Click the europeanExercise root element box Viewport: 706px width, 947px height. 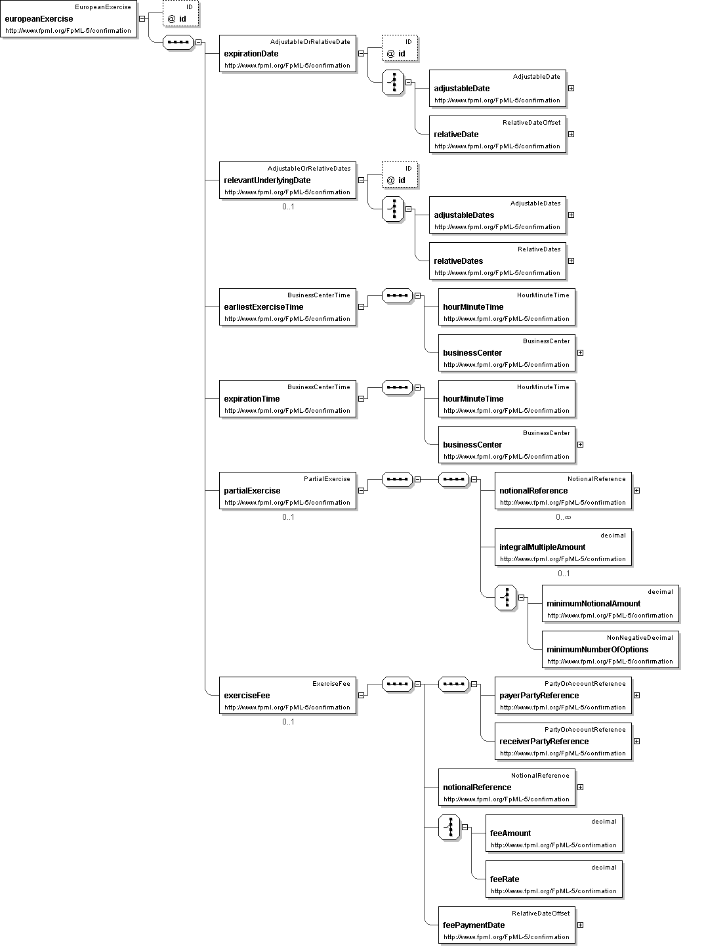(x=69, y=18)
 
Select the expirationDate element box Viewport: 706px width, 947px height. (x=287, y=54)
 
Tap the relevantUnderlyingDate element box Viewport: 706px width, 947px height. (x=287, y=180)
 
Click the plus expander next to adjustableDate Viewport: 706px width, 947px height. (x=571, y=88)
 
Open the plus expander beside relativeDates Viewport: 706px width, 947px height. (x=571, y=261)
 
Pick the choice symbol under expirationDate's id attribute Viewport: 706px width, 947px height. (x=393, y=82)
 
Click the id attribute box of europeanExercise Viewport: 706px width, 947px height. (x=180, y=13)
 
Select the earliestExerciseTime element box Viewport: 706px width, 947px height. (x=287, y=306)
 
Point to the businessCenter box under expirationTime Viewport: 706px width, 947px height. (x=507, y=444)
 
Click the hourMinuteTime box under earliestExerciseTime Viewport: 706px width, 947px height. (x=507, y=306)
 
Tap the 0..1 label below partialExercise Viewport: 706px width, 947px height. (x=288, y=517)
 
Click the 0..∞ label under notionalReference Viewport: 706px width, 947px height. (x=563, y=517)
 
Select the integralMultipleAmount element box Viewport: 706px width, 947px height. (x=563, y=547)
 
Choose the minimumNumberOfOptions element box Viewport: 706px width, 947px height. (x=610, y=649)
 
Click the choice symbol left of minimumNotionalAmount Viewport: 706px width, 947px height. (x=505, y=598)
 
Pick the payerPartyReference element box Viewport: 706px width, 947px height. (x=563, y=695)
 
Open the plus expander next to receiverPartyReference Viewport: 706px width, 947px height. (x=636, y=741)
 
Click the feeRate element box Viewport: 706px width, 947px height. (x=554, y=879)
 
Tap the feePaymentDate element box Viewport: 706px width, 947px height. (x=507, y=925)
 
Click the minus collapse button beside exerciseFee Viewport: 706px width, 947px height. (x=361, y=695)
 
